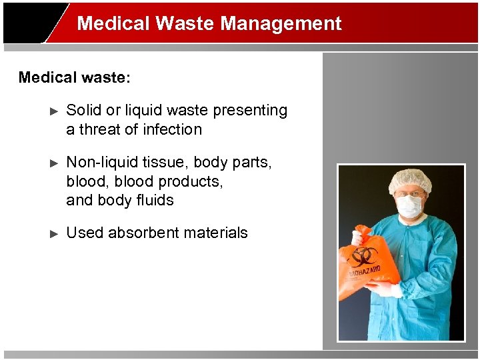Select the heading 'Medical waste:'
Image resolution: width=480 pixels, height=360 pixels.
pos(75,77)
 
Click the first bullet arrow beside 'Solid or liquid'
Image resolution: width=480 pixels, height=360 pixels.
pos(55,111)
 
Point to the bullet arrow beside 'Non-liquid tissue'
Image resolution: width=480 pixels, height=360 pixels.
pos(55,163)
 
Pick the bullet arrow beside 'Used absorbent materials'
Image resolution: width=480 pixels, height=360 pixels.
pos(55,234)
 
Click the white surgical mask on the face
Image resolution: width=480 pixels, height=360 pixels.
pos(409,206)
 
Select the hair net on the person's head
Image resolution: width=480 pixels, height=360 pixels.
pos(410,179)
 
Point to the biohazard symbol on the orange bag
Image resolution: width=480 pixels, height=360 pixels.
pos(365,257)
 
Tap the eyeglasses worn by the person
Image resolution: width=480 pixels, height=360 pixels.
pos(409,194)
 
